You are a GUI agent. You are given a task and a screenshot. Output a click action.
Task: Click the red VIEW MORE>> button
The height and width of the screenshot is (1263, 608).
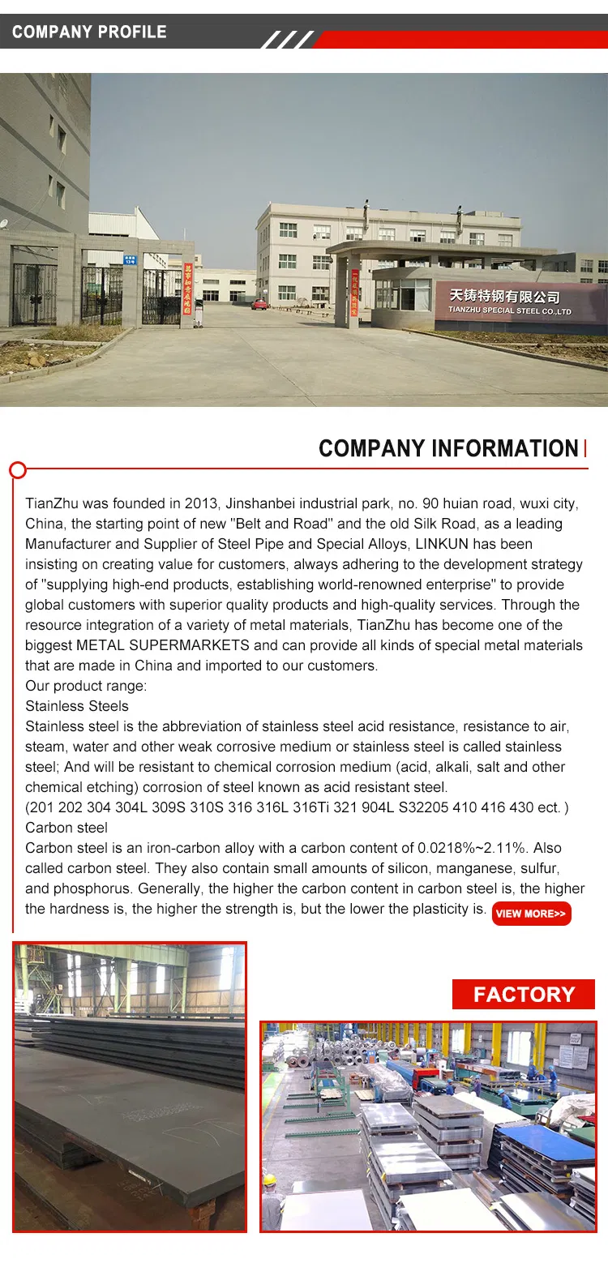[531, 914]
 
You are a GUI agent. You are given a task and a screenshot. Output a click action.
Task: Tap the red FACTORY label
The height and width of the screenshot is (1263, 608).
[524, 995]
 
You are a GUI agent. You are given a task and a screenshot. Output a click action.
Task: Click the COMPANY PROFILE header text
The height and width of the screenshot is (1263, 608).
[89, 32]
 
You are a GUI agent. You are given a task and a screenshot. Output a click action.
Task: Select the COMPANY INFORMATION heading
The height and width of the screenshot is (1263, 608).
[448, 448]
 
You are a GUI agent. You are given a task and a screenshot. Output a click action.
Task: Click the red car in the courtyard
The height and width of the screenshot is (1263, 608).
[259, 305]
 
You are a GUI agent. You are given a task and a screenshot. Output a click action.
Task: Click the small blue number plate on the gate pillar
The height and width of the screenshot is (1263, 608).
[129, 259]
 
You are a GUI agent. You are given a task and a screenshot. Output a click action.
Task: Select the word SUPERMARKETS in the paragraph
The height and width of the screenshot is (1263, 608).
[187, 645]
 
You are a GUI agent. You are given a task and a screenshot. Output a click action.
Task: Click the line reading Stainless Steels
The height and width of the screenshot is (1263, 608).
[77, 706]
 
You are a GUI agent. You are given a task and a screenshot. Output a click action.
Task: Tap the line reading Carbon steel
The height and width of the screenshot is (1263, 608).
[66, 828]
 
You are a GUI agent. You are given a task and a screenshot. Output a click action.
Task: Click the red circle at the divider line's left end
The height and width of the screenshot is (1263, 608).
[17, 469]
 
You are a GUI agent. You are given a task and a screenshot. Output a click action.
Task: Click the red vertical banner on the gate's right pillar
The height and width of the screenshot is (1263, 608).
[355, 296]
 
